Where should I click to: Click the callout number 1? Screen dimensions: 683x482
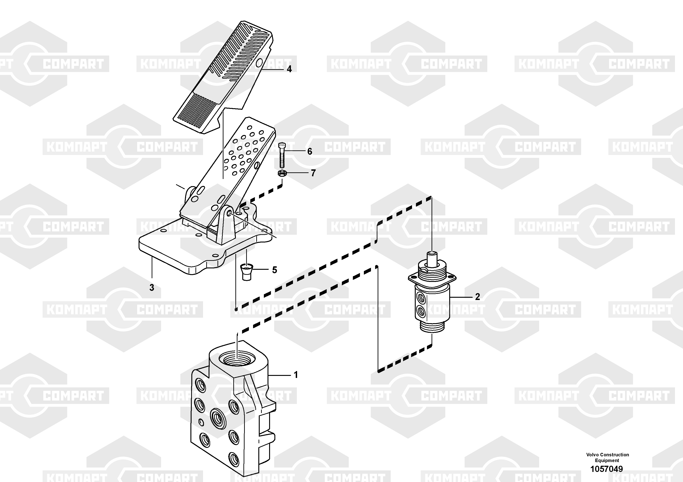coord(296,375)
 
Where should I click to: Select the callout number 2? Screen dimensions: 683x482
coord(477,297)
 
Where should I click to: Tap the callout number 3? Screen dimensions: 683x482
coord(152,287)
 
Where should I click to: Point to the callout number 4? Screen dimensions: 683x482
coord(289,69)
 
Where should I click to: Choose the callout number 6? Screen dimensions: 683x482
coord(310,151)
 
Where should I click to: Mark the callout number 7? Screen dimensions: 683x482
coord(313,173)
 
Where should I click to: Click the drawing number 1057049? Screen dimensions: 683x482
coord(607,469)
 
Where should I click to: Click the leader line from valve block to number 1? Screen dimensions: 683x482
coord(279,376)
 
